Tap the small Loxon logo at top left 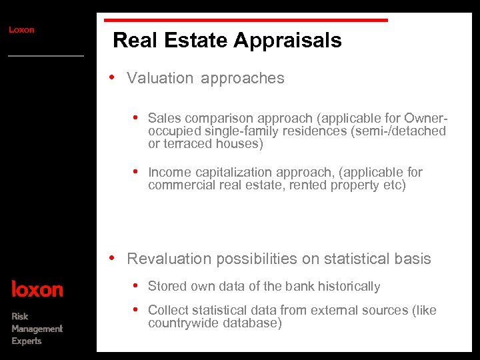(21, 29)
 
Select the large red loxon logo (37, 289)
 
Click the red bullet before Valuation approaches (114, 77)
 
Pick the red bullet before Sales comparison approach (136, 117)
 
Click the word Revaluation (169, 259)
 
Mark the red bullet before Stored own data (136, 285)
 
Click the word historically (349, 287)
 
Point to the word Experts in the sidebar (27, 341)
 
